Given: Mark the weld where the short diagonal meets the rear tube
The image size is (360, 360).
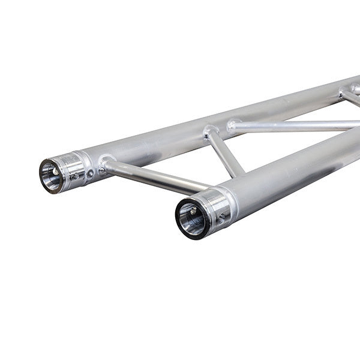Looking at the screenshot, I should [x=209, y=130].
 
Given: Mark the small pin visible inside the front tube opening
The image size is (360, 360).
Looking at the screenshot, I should [x=191, y=211].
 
